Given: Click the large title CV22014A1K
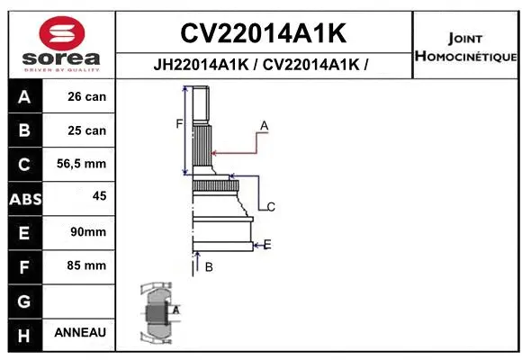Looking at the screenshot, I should (263, 33).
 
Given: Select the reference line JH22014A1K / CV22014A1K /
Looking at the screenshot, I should (263, 65).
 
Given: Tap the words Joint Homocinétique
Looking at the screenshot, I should (465, 48).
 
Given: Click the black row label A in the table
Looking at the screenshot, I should (24, 97).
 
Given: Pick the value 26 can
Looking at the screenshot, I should (86, 97).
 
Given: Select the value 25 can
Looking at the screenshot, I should (86, 130).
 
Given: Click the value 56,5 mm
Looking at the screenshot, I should (81, 164).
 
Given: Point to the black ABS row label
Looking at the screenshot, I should (24, 199).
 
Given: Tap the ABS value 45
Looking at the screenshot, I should (99, 195).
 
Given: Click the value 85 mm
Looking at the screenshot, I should (86, 265).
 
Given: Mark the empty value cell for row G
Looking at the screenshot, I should (81, 299).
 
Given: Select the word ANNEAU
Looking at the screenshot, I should (80, 332).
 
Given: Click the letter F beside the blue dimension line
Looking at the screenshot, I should (179, 124).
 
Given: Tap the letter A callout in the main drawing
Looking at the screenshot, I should (265, 124).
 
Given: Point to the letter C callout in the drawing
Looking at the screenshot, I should (270, 207).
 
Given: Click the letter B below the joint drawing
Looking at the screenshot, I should (208, 266).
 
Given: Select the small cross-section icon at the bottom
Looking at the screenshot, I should (158, 312).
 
